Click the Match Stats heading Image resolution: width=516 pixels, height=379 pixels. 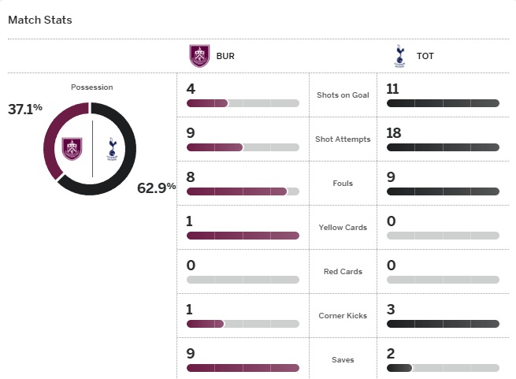(40, 20)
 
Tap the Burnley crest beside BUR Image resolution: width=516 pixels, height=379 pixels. (200, 56)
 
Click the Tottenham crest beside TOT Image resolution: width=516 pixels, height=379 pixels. (399, 56)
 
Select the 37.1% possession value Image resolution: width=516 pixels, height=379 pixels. (25, 110)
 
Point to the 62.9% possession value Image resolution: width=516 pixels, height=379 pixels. (156, 188)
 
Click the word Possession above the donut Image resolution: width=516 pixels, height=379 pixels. (92, 87)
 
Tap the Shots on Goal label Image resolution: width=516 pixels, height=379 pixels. (343, 95)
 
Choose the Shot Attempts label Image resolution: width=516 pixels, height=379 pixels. (343, 139)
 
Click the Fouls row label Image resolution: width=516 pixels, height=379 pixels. (343, 184)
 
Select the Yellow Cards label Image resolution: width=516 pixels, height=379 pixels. (343, 228)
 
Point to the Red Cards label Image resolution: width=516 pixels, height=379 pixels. (343, 272)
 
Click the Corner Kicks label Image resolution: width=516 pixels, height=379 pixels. (343, 316)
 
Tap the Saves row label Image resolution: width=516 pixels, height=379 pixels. (343, 360)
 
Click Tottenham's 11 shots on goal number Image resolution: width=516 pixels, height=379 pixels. (394, 88)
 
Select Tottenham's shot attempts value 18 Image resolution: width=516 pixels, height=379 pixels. (394, 132)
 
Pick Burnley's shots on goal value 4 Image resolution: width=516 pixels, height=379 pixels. (191, 88)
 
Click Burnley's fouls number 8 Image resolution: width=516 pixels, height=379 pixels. (191, 176)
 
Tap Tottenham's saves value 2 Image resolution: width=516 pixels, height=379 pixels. (392, 353)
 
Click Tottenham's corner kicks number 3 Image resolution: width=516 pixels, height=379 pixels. (392, 309)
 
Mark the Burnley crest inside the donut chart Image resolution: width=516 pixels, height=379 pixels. (73, 148)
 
